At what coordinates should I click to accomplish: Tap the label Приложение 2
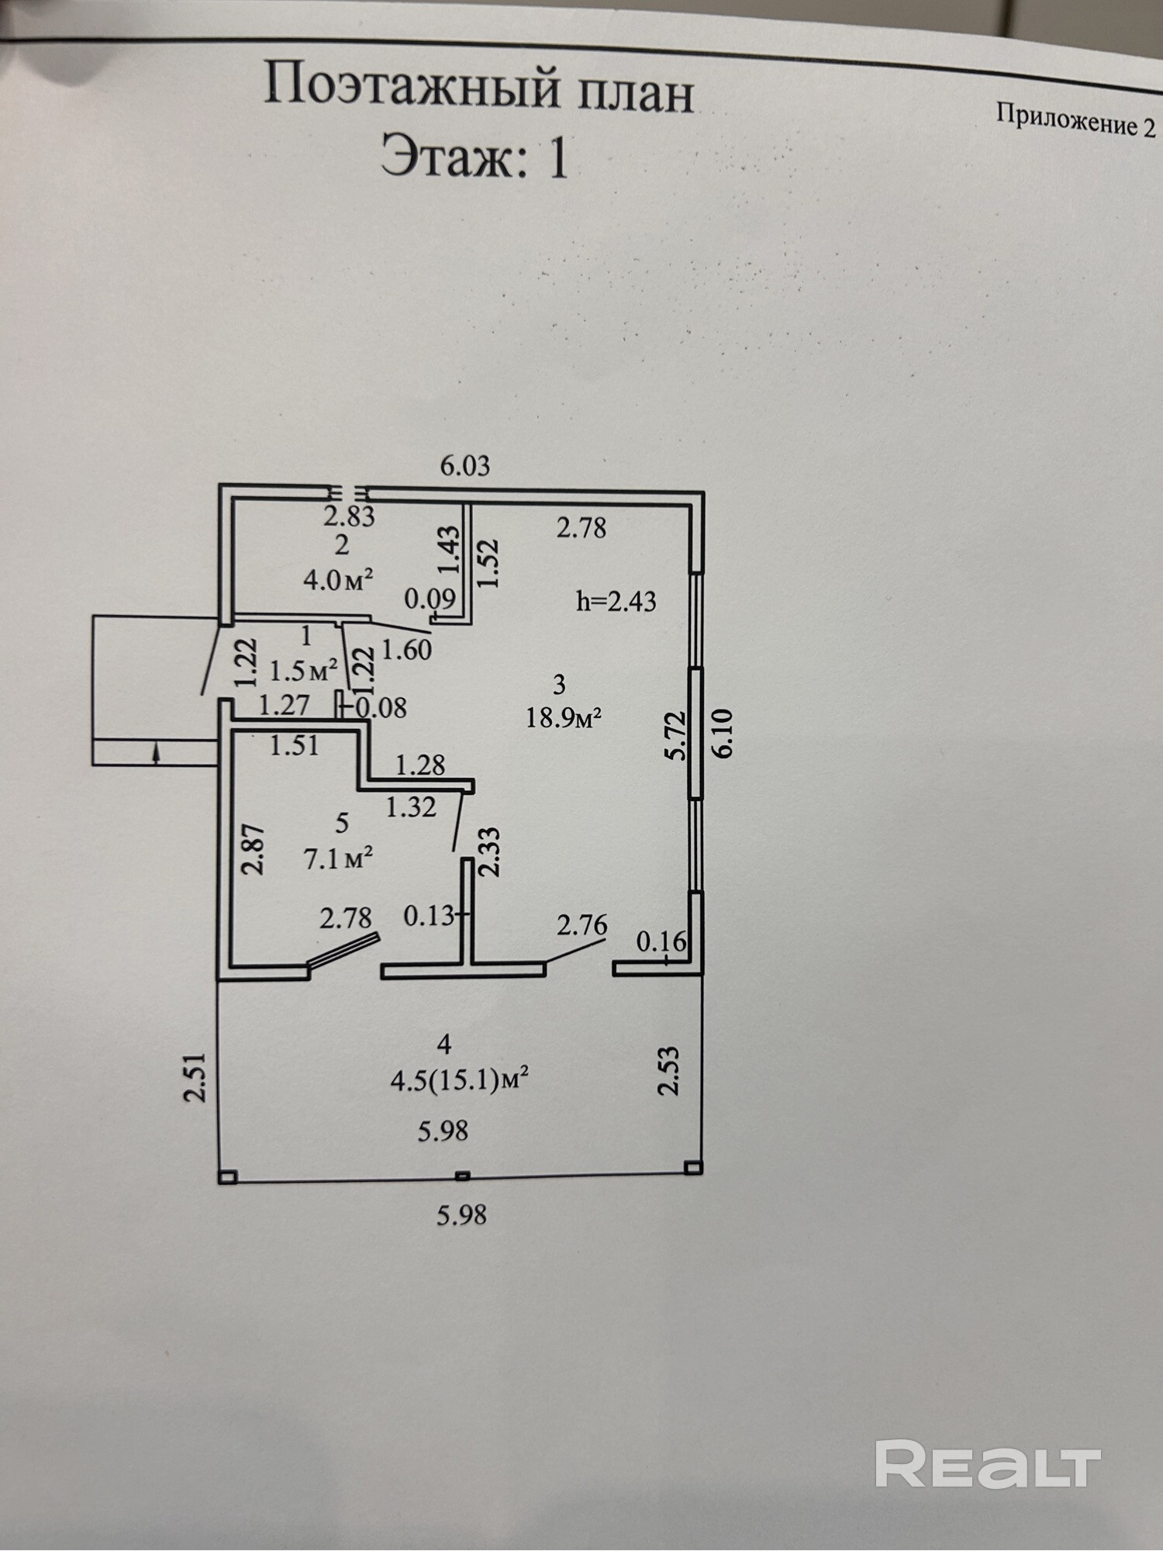click(x=1075, y=120)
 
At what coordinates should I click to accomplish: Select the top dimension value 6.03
click(x=465, y=466)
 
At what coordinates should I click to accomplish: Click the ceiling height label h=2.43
click(x=616, y=601)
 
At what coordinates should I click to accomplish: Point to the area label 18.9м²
click(x=564, y=718)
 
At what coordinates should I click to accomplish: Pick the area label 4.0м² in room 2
click(x=339, y=579)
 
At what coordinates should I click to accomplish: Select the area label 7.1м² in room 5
click(x=339, y=858)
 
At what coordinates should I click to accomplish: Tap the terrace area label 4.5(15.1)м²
click(x=460, y=1081)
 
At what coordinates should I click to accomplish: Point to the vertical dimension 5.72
click(x=677, y=735)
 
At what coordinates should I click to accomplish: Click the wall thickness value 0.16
click(x=661, y=941)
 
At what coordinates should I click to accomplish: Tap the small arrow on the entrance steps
click(x=156, y=752)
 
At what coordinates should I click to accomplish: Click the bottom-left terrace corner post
click(x=227, y=1177)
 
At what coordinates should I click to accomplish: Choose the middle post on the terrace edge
click(x=462, y=1176)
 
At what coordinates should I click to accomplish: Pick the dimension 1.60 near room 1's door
click(x=407, y=649)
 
